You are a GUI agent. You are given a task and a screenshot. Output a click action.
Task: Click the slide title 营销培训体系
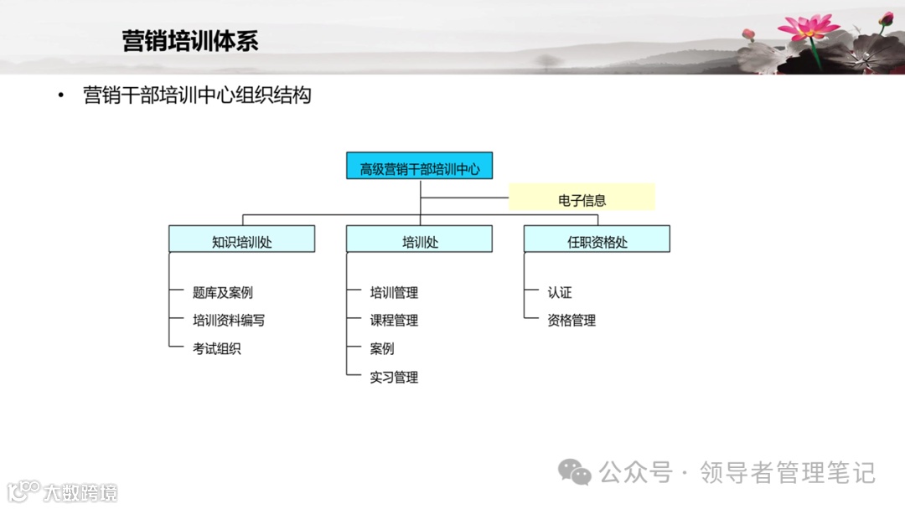point(190,40)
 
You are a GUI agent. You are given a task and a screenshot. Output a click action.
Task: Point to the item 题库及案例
point(223,292)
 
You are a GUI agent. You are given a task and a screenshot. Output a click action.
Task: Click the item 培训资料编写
point(229,320)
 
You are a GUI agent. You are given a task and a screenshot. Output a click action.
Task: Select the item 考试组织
point(217,348)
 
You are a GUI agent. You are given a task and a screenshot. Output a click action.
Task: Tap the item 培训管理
point(394,292)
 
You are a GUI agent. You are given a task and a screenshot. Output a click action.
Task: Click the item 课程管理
point(394,320)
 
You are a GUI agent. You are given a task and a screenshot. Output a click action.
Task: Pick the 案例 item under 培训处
point(382,348)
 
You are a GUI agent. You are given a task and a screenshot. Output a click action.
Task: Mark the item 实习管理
point(394,377)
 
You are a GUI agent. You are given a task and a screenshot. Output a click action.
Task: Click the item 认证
point(560,292)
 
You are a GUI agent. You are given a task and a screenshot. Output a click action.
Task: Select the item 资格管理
point(571,320)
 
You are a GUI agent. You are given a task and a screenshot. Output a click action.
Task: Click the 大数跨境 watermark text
point(80,492)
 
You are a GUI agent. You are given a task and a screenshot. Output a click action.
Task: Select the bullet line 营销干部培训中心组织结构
point(197,95)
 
